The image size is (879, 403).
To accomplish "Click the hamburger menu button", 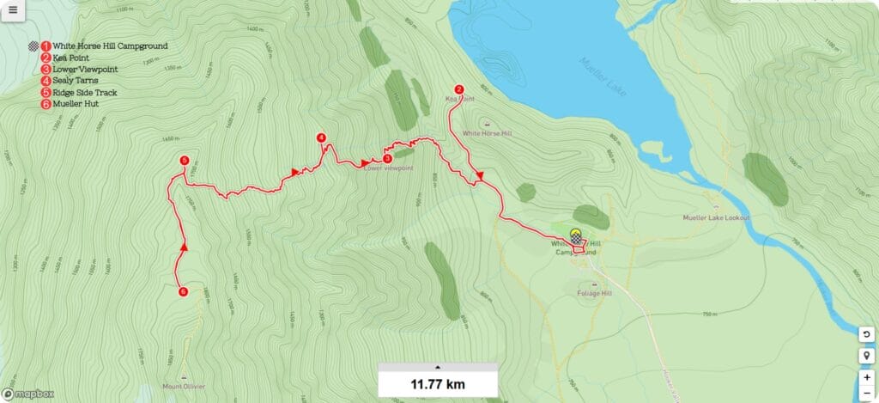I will pyautogui.click(x=13, y=10).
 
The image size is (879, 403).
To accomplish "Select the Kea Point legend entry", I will pyautogui.click(x=70, y=58).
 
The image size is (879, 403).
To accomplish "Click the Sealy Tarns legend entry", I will pyautogui.click(x=75, y=81).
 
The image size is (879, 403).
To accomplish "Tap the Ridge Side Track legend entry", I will pyautogui.click(x=84, y=92).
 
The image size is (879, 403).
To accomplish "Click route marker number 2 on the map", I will pyautogui.click(x=459, y=89).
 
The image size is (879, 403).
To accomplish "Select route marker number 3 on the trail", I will pyautogui.click(x=387, y=158).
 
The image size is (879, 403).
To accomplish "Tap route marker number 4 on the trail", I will pyautogui.click(x=321, y=137).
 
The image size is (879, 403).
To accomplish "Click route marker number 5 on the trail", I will pyautogui.click(x=185, y=161).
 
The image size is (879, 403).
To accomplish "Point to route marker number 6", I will pyautogui.click(x=183, y=292).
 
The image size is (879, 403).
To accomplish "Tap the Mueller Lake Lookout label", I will pyautogui.click(x=716, y=218).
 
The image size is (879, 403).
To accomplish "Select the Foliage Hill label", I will pyautogui.click(x=594, y=293).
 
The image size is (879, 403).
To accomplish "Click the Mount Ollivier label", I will pyautogui.click(x=184, y=387).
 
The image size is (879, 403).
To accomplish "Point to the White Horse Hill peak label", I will pyautogui.click(x=487, y=133).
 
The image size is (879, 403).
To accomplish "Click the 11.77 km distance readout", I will pyautogui.click(x=438, y=384).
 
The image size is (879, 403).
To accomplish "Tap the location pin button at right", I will pyautogui.click(x=868, y=355).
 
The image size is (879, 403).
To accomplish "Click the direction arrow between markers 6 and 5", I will pyautogui.click(x=185, y=247).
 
